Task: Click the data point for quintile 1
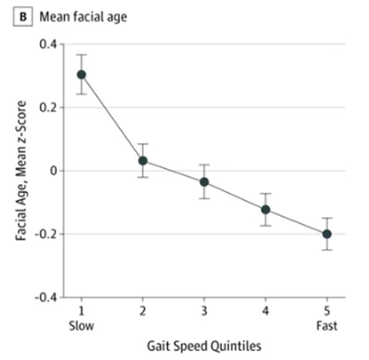(81, 74)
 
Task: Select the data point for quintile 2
(143, 160)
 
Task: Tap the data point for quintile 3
(204, 182)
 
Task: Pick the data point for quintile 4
(266, 209)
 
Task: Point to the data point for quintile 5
(327, 234)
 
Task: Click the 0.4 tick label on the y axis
(47, 44)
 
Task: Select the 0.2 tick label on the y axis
(47, 108)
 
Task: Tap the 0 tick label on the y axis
(52, 171)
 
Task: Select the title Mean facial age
(83, 16)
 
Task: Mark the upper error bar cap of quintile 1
(81, 55)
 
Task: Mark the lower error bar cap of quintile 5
(327, 250)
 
